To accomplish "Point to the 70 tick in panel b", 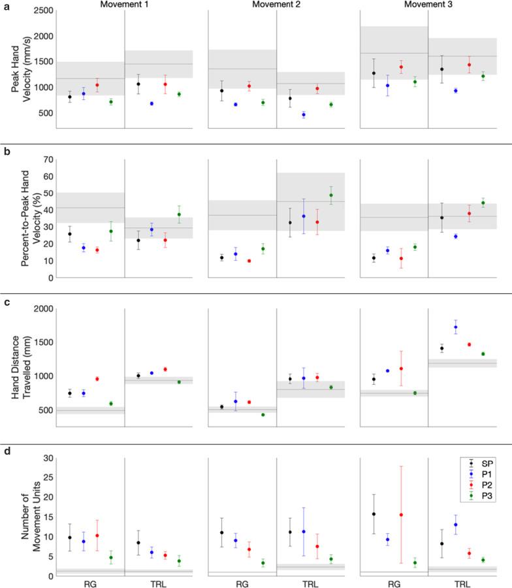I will coord(47,159).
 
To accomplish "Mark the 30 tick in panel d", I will coord(47,458).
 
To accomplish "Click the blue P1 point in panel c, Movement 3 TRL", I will coord(455,327).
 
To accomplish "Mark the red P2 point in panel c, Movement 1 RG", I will coord(97,379).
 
